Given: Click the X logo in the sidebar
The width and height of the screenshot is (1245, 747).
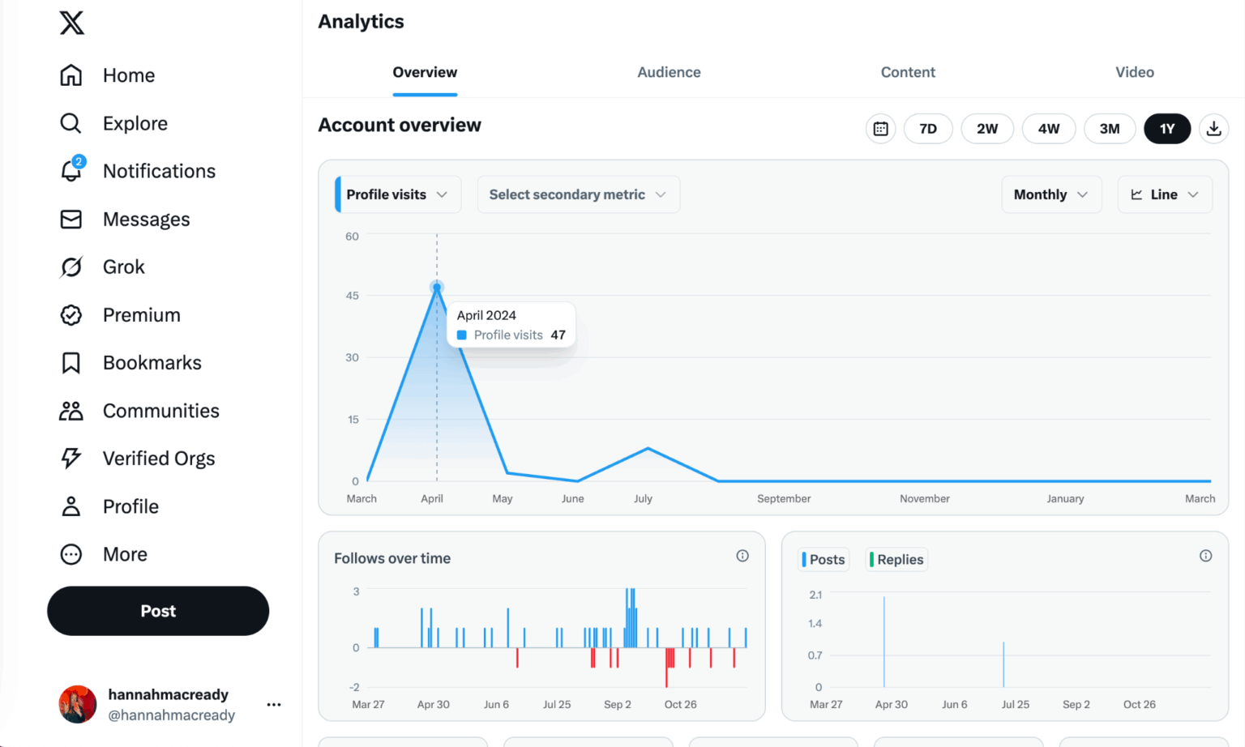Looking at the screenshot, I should [x=71, y=23].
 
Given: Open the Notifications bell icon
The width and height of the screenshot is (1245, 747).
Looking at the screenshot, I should [x=71, y=170].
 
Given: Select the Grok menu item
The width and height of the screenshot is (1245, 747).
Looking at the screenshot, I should [x=123, y=267].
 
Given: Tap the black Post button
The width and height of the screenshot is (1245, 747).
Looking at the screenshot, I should [x=158, y=611].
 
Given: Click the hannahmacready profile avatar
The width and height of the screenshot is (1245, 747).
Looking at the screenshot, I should [x=78, y=704].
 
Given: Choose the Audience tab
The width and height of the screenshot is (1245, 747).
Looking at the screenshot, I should [x=669, y=72].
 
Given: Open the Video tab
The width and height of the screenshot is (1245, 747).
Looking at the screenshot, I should [x=1134, y=72].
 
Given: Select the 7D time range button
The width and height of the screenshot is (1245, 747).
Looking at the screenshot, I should [x=928, y=129].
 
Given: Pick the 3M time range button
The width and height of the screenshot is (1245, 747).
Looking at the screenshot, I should [x=1109, y=129].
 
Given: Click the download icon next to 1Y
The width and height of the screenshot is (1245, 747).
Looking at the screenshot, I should [x=1213, y=129].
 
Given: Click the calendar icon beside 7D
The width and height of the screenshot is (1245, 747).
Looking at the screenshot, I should [x=880, y=129].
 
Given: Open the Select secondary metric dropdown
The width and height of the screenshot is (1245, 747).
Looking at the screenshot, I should [x=578, y=194].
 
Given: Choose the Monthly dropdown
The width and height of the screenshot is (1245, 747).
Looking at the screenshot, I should [x=1050, y=194].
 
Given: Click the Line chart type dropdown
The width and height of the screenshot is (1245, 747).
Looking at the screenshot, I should [x=1164, y=194].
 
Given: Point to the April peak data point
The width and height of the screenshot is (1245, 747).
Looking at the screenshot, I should [x=437, y=288].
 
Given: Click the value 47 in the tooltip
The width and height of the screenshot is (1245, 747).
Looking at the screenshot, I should [x=558, y=335].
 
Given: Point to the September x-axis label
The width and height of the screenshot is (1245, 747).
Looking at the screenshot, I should [x=783, y=498].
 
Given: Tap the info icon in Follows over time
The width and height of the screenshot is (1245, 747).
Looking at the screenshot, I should [x=742, y=556].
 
